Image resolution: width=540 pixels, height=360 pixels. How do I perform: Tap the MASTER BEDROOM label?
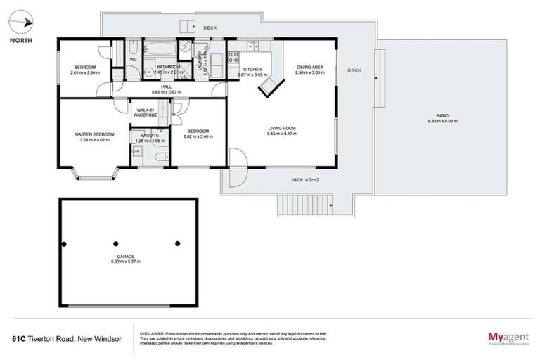click(94, 134)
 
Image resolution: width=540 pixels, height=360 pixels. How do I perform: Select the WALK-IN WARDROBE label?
click(146, 113)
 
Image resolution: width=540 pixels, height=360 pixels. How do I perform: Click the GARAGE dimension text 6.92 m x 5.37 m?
click(125, 262)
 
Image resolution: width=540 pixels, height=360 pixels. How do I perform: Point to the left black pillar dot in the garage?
click(64, 244)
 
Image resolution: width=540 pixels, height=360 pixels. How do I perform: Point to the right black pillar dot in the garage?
click(177, 244)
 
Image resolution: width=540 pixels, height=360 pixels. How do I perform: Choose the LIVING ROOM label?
click(281, 128)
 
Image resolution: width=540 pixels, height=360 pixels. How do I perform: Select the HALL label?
click(166, 86)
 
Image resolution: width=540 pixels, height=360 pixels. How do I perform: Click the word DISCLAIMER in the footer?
click(152, 333)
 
